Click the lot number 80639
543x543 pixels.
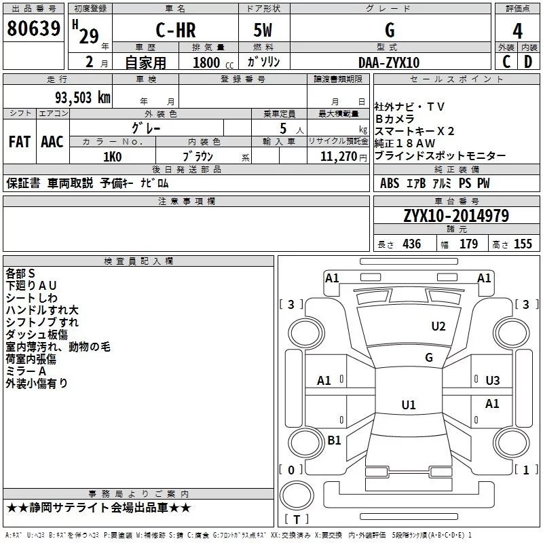pos(33,29)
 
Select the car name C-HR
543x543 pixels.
pos(176,30)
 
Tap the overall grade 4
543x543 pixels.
pos(517,31)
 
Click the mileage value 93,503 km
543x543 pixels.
pos(83,98)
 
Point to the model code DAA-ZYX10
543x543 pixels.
pos(389,62)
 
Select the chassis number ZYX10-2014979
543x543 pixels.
pos(456,216)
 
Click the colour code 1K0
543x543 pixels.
pos(113,157)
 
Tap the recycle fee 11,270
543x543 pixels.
pos(338,157)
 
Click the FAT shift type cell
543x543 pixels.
pos(20,142)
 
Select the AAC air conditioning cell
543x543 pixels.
pos(52,142)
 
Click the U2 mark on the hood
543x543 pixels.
pos(438,326)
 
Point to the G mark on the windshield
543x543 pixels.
pos(429,357)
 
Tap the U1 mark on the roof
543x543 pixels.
pos(409,405)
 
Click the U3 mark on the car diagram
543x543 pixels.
pos(493,381)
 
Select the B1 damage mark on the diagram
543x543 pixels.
pos(334,440)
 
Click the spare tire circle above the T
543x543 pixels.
pos(297,495)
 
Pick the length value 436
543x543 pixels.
pos(412,244)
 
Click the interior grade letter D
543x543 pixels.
pos(528,62)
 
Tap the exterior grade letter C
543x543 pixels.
pos(506,62)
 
